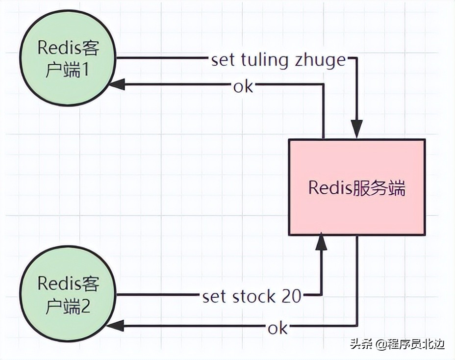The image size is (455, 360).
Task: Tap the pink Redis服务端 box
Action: point(356,187)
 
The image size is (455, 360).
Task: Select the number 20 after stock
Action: point(291,296)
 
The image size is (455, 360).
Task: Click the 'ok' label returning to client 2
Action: point(278,328)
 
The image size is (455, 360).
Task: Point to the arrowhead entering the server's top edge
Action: point(356,129)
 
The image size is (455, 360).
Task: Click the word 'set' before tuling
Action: point(223,60)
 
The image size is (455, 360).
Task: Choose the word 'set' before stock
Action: point(214,296)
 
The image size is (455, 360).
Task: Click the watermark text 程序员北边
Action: point(416,344)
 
